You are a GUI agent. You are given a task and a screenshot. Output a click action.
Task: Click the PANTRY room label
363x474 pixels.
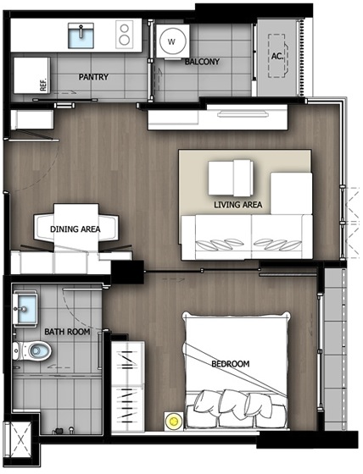point(93,77)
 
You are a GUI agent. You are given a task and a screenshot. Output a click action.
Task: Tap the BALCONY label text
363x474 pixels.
point(202,62)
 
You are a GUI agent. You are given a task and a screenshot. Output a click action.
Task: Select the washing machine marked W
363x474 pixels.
point(173,41)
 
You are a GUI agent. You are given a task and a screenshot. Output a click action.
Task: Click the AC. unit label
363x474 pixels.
point(277,56)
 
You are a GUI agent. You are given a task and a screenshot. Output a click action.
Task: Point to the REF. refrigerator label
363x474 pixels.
point(43,85)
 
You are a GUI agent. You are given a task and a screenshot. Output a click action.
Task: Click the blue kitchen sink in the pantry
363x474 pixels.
point(81,36)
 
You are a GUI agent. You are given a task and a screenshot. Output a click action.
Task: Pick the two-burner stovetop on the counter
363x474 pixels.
point(124,34)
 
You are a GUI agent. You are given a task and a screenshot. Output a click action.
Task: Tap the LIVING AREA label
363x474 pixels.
point(237,205)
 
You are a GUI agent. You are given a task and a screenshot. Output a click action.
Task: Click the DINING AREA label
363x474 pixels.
point(75,229)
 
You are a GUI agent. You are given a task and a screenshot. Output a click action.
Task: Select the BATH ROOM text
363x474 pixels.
point(67,332)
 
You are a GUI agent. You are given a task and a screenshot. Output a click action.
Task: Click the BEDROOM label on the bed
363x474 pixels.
point(231,364)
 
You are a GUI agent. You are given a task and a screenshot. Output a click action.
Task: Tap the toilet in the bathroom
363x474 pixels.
point(32,351)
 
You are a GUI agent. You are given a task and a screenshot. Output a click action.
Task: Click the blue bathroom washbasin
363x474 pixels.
point(25,309)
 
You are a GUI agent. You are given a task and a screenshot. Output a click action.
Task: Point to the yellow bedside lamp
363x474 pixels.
point(173,421)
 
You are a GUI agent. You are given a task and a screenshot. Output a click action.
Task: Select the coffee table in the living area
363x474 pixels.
point(231,178)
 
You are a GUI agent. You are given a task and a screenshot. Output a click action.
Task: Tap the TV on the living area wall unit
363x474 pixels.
point(243,114)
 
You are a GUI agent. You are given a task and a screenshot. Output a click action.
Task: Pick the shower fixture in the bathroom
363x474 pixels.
point(64,430)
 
